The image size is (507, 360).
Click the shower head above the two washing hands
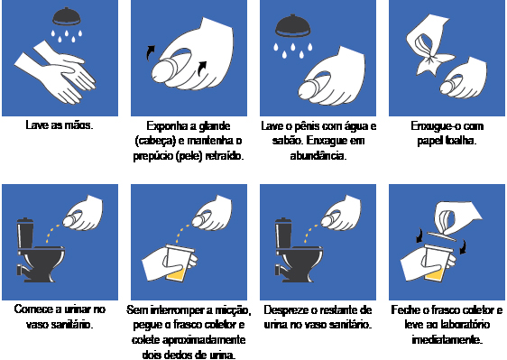click(x=66, y=16)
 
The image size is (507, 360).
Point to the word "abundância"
click(x=318, y=156)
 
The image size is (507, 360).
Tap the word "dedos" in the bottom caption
click(x=177, y=355)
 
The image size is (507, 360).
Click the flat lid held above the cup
click(x=442, y=236)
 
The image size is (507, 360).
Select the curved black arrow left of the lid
click(x=419, y=235)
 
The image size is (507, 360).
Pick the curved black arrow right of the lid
click(x=463, y=246)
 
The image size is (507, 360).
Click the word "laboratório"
click(x=464, y=325)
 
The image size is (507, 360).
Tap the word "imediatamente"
click(x=447, y=340)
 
